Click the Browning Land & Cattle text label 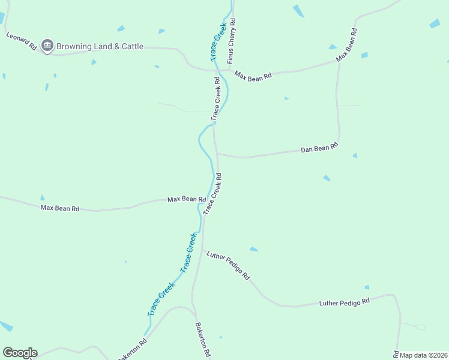coord(100,46)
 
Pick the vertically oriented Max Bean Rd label coord(347,45)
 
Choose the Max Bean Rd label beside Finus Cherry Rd coord(253,76)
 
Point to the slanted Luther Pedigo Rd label coord(228,266)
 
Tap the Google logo coord(20,353)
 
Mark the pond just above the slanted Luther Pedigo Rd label coord(254,249)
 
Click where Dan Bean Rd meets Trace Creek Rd coord(217,154)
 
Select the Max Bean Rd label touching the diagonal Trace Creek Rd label coord(187,199)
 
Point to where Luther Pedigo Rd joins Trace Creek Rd coord(203,250)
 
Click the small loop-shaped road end coord(420,327)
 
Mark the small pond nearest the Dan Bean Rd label coord(355,155)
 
